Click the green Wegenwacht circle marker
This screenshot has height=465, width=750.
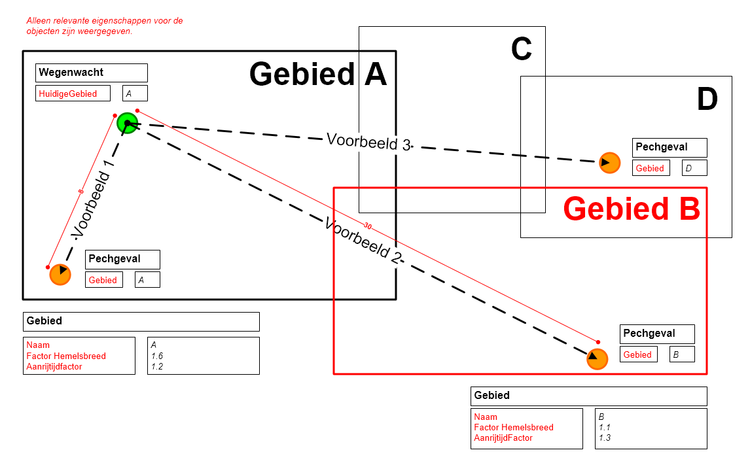pos(127,123)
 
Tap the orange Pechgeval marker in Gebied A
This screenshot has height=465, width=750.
pos(60,274)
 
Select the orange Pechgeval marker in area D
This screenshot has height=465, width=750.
pos(609,162)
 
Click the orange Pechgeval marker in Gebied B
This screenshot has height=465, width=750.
pos(597,359)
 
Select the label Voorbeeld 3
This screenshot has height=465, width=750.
pos(368,142)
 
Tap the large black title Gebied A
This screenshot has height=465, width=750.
pos(318,74)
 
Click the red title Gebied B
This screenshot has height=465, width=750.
pos(632,209)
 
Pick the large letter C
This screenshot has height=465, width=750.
pos(521,49)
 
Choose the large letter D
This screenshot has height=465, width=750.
pos(707,100)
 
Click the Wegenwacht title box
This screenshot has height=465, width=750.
pos(91,73)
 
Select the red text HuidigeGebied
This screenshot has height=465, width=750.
pos(68,94)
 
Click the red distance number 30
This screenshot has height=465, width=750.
pos(367,226)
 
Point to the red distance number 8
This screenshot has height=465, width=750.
pos(80,192)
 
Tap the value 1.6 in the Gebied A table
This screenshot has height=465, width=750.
pos(157,356)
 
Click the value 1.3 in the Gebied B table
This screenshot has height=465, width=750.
pos(605,438)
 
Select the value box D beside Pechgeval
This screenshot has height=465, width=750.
pos(694,168)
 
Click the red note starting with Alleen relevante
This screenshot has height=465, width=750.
pos(105,26)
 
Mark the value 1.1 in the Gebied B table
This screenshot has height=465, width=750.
pos(605,427)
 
